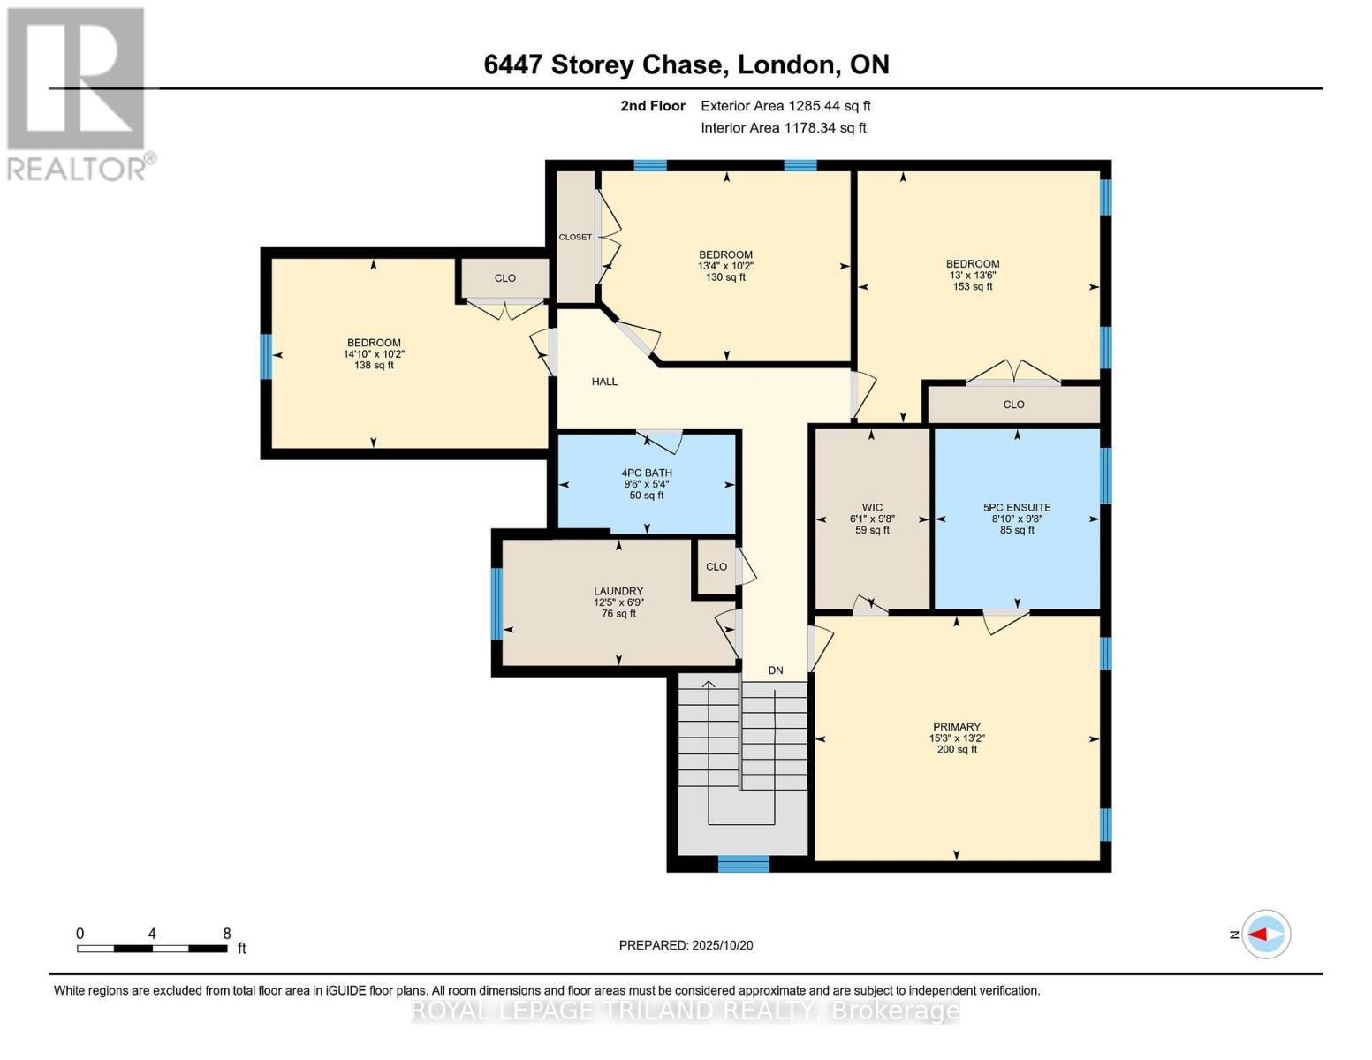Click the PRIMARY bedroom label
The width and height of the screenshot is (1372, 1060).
956,727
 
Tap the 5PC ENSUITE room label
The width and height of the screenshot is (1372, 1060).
1017,508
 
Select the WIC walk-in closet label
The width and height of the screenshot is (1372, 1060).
872,508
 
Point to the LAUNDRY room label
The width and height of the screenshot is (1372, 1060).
618,591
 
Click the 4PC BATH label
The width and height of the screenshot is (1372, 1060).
647,473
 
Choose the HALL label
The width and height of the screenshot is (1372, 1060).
604,382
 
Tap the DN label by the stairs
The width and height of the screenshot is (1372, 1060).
776,670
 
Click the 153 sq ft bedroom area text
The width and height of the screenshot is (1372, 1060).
973,286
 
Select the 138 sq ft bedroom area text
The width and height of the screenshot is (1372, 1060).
374,365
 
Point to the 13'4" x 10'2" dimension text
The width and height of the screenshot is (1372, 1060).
725,266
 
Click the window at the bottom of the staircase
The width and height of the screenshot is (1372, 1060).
743,864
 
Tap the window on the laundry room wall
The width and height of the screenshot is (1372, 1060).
496,603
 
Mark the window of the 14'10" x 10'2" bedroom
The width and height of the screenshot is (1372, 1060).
266,356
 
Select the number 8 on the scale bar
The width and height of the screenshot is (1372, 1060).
227,934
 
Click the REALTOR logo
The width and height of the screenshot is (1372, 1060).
77,93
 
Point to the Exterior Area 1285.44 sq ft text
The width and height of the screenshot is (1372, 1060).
785,106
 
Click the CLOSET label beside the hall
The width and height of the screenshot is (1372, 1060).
575,237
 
